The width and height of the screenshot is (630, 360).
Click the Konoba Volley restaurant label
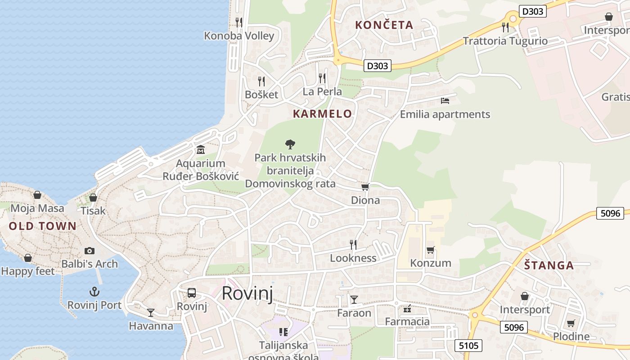click(239, 36)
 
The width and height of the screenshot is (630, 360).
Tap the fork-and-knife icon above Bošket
click(261, 81)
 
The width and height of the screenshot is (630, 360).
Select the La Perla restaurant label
click(322, 92)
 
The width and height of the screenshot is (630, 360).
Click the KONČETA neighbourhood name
click(384, 25)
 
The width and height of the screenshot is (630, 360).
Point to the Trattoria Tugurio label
click(505, 41)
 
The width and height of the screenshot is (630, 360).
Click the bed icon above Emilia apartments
click(445, 101)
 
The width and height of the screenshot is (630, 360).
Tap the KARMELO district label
click(322, 114)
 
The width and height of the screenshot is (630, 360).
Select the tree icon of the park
click(290, 144)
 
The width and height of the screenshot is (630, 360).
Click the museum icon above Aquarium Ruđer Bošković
click(201, 149)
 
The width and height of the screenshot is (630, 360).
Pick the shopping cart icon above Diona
click(365, 187)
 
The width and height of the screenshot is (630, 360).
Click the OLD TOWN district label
click(43, 226)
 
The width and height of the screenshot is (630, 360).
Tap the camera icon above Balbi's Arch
click(90, 251)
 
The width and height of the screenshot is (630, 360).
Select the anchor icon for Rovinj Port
click(94, 292)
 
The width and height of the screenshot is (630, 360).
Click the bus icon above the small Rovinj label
click(192, 293)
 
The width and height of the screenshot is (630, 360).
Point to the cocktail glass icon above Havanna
click(151, 312)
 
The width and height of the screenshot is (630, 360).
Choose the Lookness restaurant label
click(353, 258)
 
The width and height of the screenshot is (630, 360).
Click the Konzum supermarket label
click(431, 263)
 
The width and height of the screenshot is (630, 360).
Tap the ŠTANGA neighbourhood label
click(549, 265)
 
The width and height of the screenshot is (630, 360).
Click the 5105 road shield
click(468, 346)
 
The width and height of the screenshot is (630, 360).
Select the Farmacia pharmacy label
click(407, 321)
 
